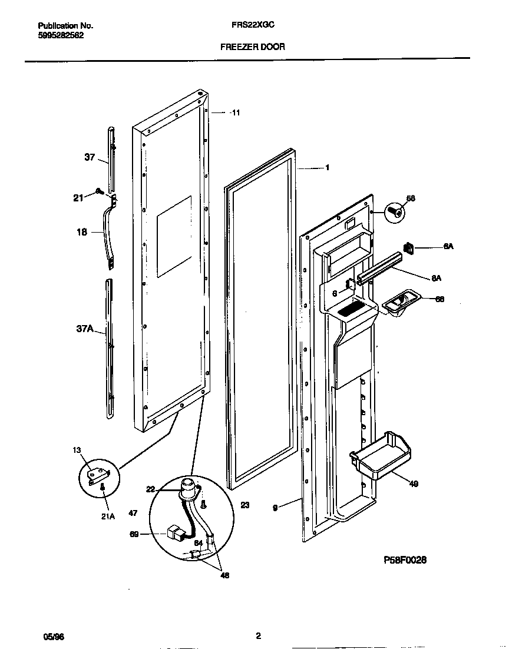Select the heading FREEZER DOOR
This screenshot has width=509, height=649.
pos(253,47)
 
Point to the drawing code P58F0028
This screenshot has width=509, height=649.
pos(404,560)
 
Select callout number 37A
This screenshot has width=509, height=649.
pos(85,329)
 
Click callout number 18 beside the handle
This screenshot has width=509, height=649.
pos(81,232)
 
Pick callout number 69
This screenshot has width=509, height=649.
pos(134,534)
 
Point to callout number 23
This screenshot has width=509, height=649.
pos(245,505)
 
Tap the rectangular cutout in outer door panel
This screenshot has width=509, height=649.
pos(174,237)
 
